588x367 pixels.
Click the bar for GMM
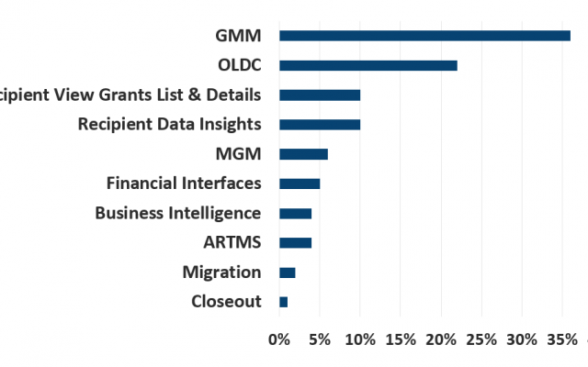point(424,36)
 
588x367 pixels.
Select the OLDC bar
point(367,65)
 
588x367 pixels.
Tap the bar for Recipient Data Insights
point(320,124)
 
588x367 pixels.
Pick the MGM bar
point(303,154)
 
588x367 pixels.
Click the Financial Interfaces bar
point(300,183)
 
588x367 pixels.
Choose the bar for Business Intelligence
point(296,213)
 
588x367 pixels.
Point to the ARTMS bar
point(296,242)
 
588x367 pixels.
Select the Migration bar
point(288,272)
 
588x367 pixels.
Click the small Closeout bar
point(284,302)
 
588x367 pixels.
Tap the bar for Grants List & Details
point(320,95)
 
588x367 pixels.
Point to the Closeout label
point(226,302)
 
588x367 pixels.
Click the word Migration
point(221,272)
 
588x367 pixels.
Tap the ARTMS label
point(232,242)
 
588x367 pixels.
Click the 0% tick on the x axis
point(279,339)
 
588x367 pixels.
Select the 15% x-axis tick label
point(401,339)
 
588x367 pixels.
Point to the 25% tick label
point(481,339)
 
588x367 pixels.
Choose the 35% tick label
point(562,339)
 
